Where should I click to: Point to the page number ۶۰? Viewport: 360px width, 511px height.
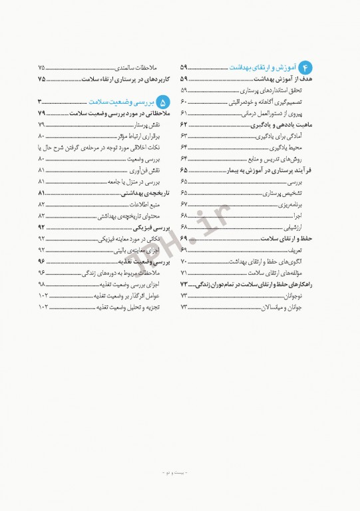pyautogui.click(x=184, y=102)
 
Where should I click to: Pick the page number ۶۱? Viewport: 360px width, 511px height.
pyautogui.click(x=184, y=113)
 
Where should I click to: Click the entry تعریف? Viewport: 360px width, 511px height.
pyautogui.click(x=294, y=250)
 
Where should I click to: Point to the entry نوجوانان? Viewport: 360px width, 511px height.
pyautogui.click(x=291, y=295)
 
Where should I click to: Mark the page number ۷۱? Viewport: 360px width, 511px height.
pyautogui.click(x=184, y=273)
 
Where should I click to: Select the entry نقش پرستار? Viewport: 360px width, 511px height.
pyautogui.click(x=145, y=125)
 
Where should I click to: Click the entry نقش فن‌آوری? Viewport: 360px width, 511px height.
pyautogui.click(x=143, y=170)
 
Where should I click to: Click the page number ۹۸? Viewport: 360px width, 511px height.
pyautogui.click(x=42, y=284)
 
